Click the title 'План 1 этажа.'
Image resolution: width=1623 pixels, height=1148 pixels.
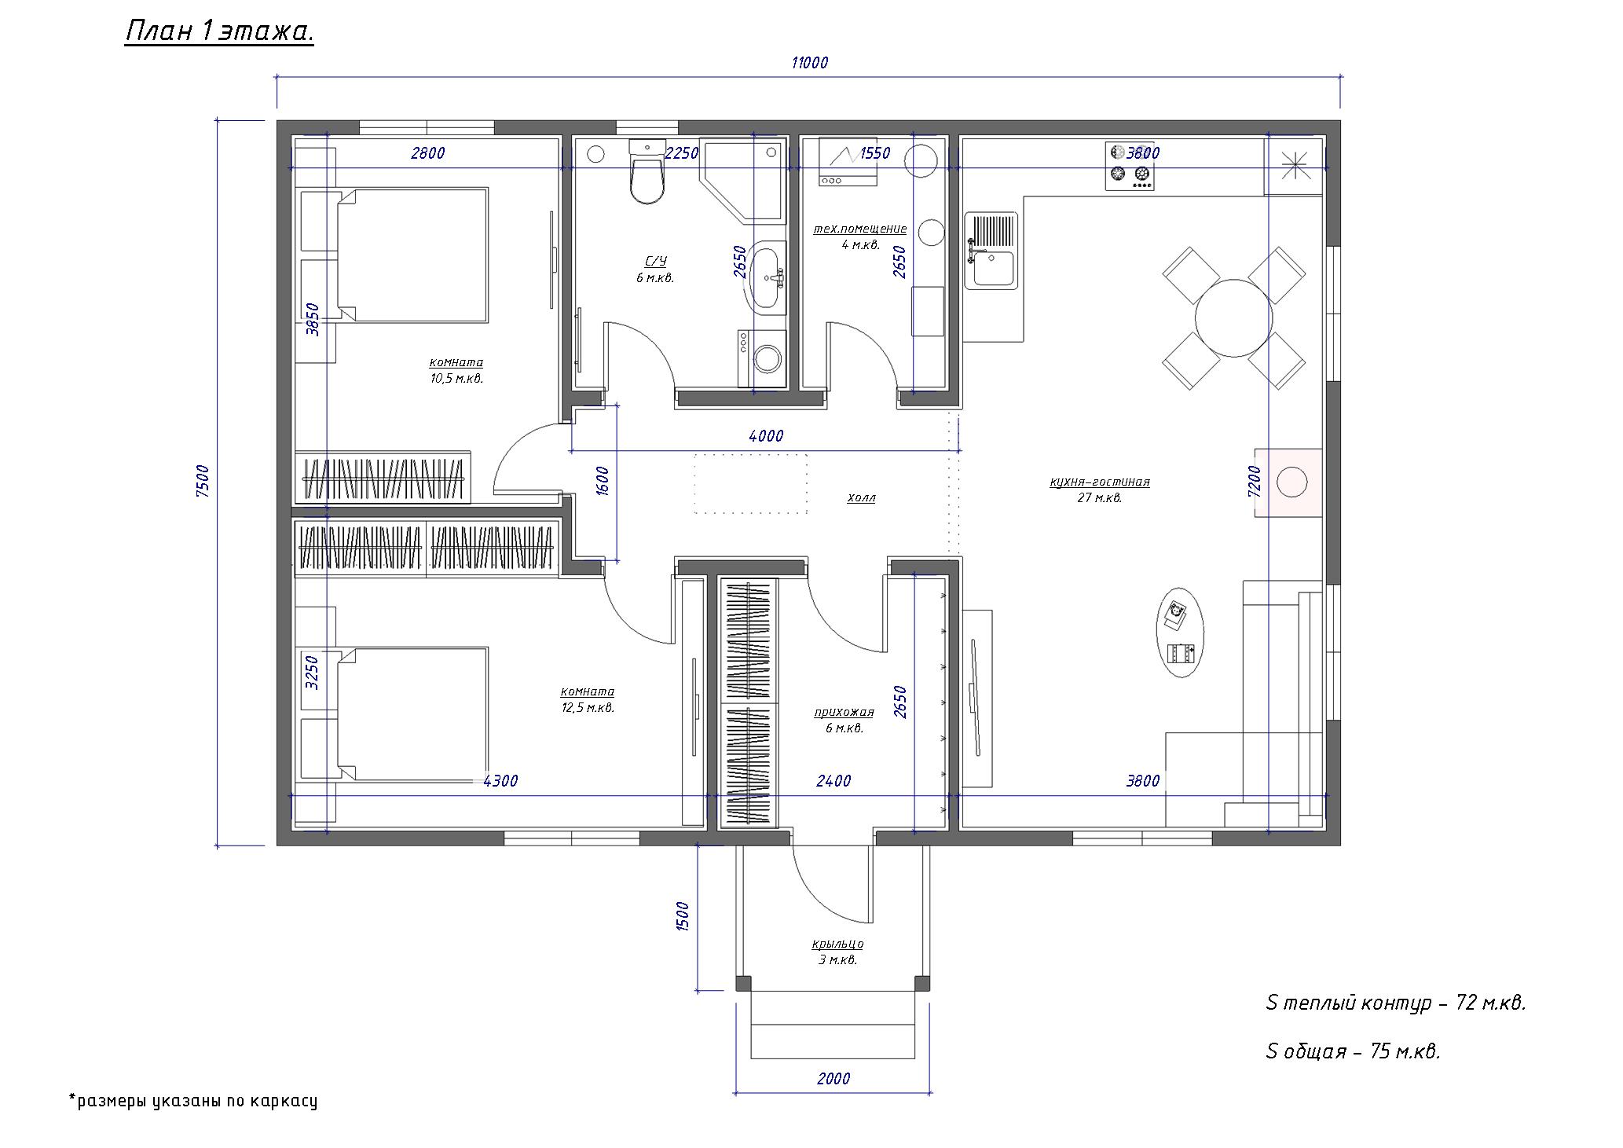[x=219, y=33]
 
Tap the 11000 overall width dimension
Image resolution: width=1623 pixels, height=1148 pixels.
[x=809, y=63]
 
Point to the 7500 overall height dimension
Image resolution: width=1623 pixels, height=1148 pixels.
[x=203, y=482]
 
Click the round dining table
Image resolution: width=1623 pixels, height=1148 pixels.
[x=1233, y=317]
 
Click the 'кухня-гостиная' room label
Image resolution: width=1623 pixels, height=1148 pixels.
[x=1099, y=482]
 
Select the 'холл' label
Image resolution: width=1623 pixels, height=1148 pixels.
[x=861, y=497]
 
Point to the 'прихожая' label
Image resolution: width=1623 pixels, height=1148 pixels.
[x=844, y=712]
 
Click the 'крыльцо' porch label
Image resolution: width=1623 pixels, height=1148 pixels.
[x=837, y=944]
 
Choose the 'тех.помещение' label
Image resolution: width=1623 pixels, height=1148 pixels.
[x=859, y=229]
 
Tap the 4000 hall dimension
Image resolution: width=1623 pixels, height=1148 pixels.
[x=766, y=436]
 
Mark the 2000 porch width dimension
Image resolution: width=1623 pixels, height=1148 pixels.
[x=833, y=1079]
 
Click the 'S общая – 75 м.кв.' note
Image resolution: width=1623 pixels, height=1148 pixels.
[x=1353, y=1051]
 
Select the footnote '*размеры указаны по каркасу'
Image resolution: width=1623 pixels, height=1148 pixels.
[x=193, y=1100]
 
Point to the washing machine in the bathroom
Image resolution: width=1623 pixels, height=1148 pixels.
[x=761, y=360]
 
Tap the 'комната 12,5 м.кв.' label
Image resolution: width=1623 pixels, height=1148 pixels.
[x=587, y=699]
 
